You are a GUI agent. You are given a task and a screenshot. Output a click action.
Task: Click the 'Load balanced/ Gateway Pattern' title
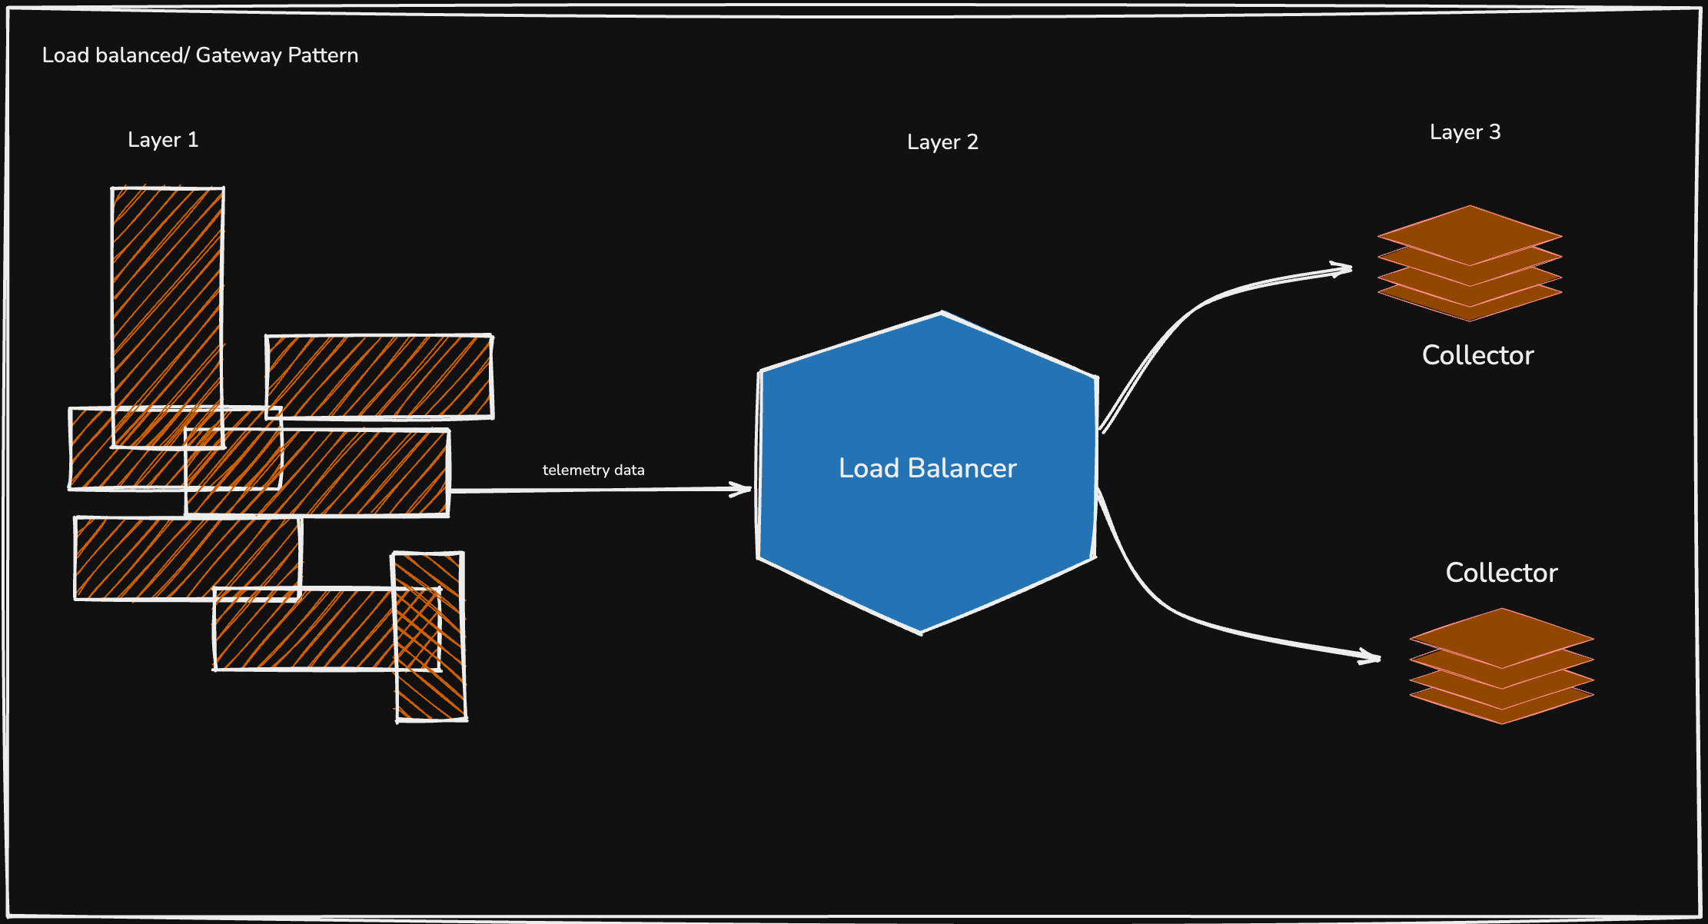coord(200,55)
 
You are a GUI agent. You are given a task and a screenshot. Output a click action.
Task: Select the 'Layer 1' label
coord(163,140)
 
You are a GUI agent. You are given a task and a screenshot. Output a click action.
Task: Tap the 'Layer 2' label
coord(942,142)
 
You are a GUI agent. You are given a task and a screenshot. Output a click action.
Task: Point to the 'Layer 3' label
coord(1465,132)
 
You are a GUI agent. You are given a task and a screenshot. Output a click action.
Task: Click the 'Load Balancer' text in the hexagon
coord(927,468)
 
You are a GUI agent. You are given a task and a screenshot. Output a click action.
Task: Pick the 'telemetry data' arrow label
coord(593,470)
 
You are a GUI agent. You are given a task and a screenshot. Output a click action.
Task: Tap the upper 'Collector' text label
coord(1477,355)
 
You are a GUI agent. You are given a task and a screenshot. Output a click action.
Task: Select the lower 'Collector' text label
coord(1501,573)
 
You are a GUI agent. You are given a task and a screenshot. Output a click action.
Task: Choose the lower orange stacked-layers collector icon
coord(1501,666)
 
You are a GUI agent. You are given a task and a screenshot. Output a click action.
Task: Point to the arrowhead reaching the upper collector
coord(1345,269)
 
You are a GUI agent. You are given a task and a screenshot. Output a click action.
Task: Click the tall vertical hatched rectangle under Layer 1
coord(168,307)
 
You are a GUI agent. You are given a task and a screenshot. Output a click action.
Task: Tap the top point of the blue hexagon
coord(942,314)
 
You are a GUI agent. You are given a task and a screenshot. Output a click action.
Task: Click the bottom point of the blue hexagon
coord(921,632)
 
